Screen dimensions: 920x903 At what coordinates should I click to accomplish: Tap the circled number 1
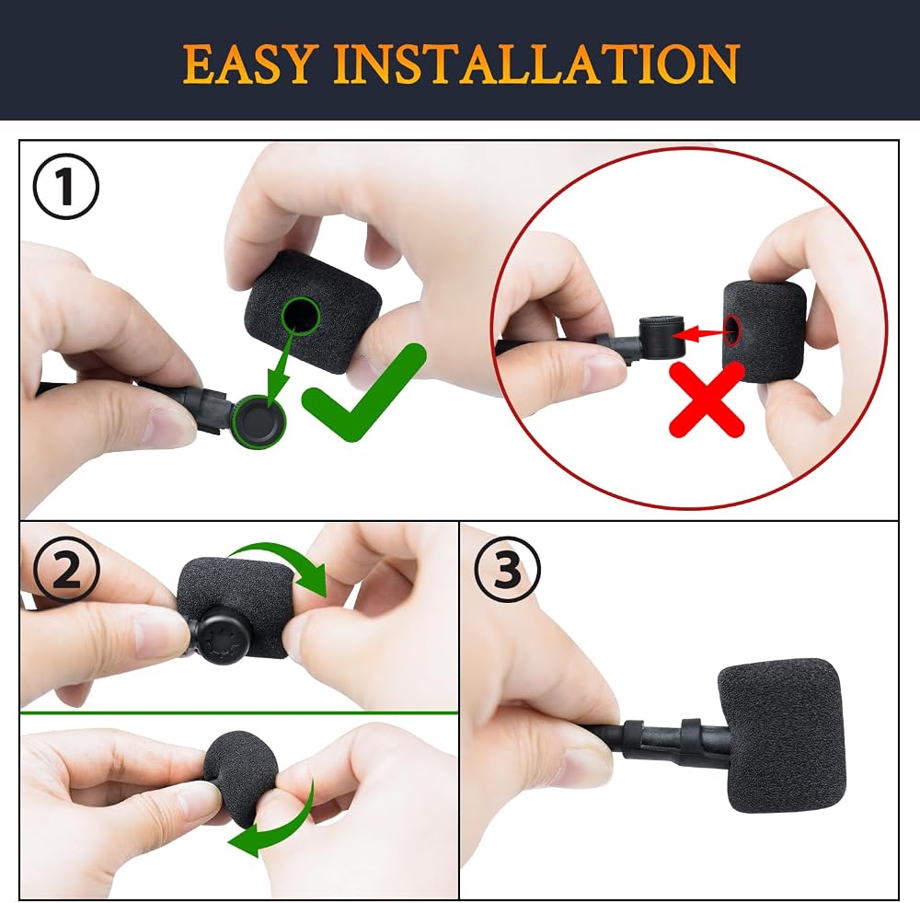[x=65, y=187]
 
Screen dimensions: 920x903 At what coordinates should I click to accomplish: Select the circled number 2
[x=66, y=570]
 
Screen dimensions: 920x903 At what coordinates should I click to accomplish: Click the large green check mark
[x=363, y=392]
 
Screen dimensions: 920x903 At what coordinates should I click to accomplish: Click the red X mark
[x=707, y=399]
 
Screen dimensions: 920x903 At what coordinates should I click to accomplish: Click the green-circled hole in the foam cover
[x=301, y=316]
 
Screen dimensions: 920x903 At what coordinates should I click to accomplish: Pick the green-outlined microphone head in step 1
[x=259, y=422]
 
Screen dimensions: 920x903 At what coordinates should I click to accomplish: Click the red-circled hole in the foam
[x=733, y=330]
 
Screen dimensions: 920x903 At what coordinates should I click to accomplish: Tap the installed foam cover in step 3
[x=780, y=735]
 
